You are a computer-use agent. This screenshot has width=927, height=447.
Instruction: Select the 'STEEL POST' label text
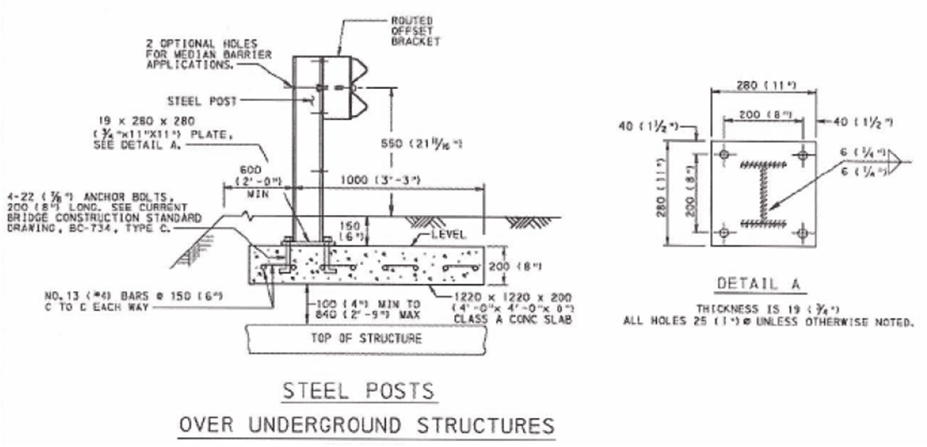[x=202, y=100]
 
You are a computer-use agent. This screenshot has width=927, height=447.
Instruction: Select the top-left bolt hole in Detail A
[x=724, y=155]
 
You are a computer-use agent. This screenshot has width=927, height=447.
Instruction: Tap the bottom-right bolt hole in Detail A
[x=802, y=233]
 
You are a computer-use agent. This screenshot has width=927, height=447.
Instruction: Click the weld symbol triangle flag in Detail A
[x=897, y=162]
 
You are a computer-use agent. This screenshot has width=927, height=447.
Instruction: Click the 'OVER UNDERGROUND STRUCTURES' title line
[x=366, y=426]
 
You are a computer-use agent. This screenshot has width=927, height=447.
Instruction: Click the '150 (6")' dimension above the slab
[x=350, y=231]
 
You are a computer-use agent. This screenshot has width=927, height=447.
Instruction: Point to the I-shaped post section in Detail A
[x=763, y=193]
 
